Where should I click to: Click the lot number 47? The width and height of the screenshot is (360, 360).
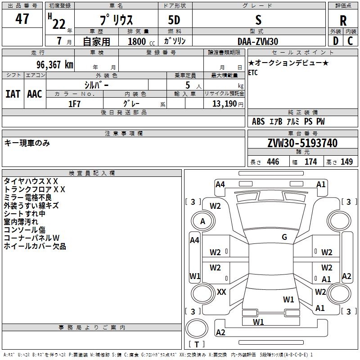(22, 19)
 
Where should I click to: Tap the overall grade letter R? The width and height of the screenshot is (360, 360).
(343, 21)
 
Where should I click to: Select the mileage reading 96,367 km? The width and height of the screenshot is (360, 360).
(54, 65)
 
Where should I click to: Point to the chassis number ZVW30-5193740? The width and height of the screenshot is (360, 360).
(302, 143)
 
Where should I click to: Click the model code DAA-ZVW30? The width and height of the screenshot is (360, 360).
(258, 41)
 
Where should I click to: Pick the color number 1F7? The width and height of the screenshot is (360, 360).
(74, 104)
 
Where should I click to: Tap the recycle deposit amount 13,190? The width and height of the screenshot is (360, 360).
(224, 103)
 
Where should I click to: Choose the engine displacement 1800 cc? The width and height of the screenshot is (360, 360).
(141, 41)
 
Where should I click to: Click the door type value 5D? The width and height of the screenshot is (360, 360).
(174, 20)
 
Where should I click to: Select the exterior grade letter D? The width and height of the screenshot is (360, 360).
(335, 41)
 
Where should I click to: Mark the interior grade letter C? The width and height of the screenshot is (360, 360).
(350, 41)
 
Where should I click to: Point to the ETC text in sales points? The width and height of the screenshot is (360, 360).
(253, 72)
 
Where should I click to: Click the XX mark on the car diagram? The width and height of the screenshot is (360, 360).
(221, 292)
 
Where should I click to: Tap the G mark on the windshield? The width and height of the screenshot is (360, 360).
(284, 237)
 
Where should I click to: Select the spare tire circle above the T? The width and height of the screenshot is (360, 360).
(197, 328)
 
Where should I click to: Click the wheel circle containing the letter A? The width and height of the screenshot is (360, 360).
(203, 221)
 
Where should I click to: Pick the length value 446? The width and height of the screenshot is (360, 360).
(273, 162)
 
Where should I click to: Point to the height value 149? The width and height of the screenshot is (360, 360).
(346, 162)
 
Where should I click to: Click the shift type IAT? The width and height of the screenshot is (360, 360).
(13, 94)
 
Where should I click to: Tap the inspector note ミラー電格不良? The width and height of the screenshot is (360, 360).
(28, 197)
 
